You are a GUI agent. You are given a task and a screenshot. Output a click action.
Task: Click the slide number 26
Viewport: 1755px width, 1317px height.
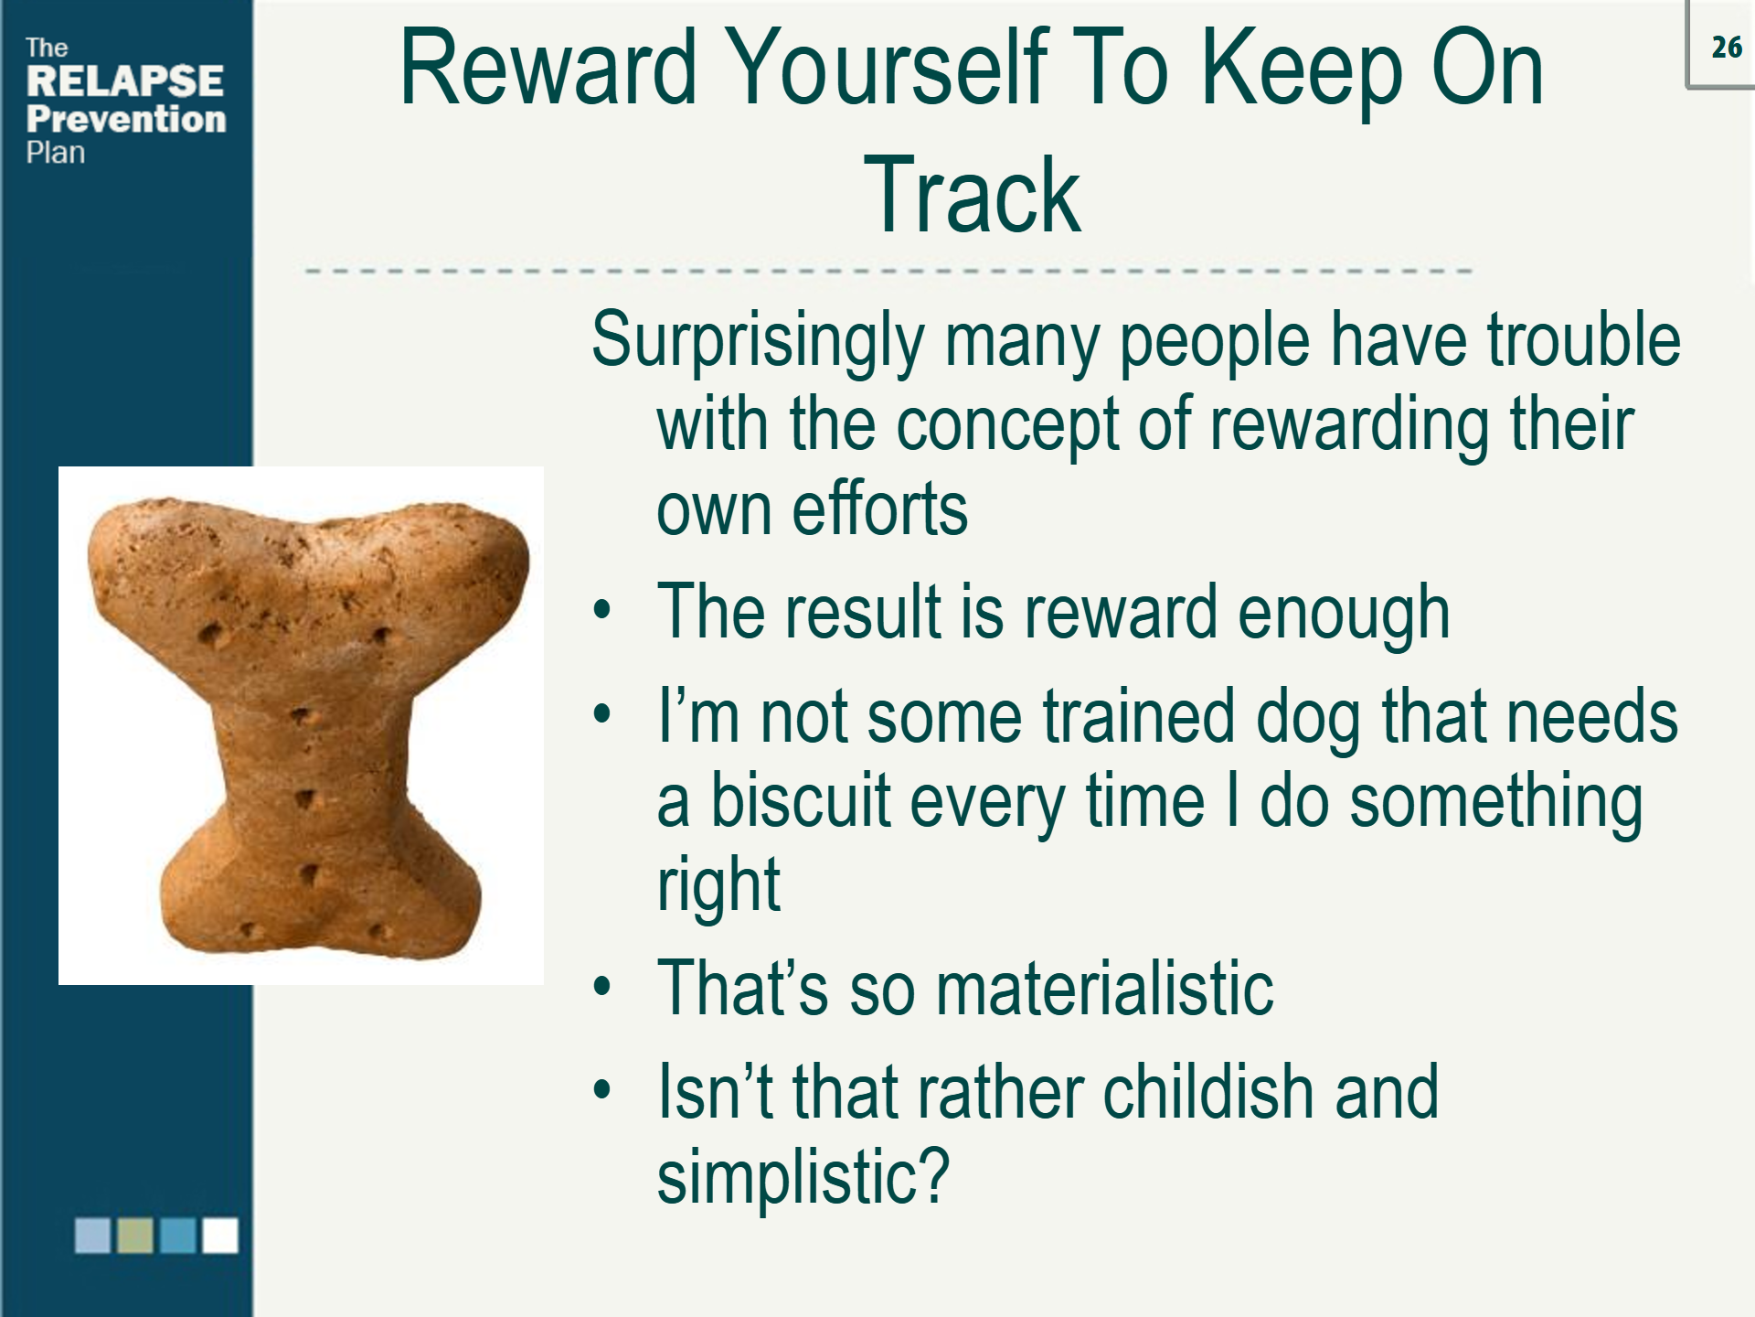point(1726,47)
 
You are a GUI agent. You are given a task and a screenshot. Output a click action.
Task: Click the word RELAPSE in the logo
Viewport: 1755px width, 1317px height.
point(125,80)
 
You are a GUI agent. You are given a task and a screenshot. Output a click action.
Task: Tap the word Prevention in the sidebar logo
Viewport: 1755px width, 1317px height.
point(126,119)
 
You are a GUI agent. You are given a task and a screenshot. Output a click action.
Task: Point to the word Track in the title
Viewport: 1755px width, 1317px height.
point(972,196)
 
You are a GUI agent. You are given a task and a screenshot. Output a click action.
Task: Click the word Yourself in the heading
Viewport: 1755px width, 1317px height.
point(890,69)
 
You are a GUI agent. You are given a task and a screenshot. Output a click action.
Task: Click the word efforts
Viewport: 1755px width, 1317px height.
point(879,509)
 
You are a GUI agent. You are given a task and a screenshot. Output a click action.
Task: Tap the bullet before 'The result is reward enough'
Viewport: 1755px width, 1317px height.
point(601,611)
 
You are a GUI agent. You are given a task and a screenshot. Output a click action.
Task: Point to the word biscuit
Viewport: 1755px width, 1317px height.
point(801,801)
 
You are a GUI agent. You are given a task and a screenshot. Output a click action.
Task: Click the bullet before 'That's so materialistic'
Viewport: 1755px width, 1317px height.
point(601,988)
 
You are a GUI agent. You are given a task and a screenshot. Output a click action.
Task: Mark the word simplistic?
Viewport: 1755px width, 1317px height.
point(803,1178)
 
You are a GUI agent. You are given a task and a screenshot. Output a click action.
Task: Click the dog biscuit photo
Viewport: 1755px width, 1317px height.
point(302,725)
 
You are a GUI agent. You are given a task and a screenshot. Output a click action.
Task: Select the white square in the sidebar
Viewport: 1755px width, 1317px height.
point(219,1235)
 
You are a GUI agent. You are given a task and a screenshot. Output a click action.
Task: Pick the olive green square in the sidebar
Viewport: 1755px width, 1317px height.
point(135,1235)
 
